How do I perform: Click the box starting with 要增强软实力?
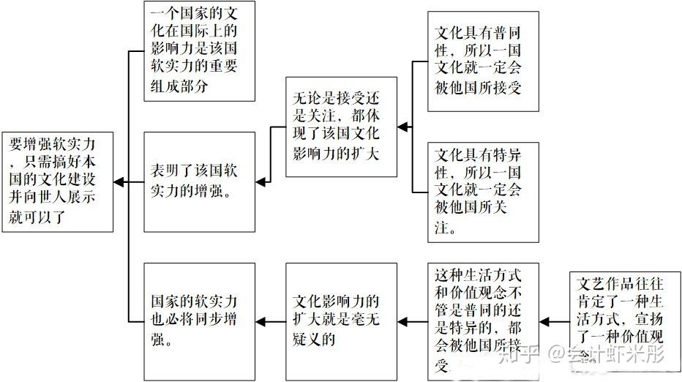[x=58, y=181]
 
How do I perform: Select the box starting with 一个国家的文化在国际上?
[x=199, y=51]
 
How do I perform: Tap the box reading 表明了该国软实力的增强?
[x=199, y=181]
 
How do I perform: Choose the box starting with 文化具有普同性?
[x=482, y=61]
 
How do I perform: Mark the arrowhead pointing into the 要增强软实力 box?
[x=119, y=181]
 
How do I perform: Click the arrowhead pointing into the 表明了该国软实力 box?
[x=260, y=181]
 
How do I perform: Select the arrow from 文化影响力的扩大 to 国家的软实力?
[x=271, y=321]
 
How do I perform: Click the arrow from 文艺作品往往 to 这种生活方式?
[x=555, y=321]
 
